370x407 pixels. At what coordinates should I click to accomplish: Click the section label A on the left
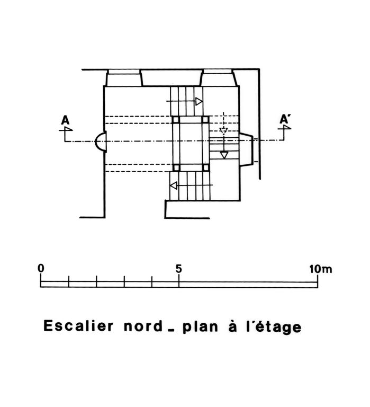(65, 120)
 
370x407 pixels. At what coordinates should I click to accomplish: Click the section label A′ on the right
(285, 119)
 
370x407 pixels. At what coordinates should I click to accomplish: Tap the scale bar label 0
(41, 268)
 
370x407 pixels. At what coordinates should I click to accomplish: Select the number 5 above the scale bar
(178, 269)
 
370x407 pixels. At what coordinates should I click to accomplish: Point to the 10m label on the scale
(320, 269)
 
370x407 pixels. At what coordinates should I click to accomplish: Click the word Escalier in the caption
(78, 325)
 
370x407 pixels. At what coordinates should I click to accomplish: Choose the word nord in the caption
(143, 326)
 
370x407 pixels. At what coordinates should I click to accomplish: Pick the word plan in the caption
(200, 327)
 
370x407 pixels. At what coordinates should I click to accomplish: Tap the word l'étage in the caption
(273, 328)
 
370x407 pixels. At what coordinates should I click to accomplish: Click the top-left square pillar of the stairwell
(176, 120)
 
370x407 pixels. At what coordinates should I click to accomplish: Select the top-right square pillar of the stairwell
(205, 119)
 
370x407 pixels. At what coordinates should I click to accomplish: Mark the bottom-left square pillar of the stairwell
(176, 167)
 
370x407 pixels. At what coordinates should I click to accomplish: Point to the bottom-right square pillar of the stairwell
(205, 167)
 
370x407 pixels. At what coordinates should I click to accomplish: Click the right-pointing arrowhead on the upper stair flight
(199, 101)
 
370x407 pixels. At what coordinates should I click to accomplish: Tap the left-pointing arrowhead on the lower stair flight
(174, 185)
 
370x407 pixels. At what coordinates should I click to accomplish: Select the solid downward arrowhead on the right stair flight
(224, 155)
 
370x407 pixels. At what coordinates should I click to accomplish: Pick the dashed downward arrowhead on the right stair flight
(223, 130)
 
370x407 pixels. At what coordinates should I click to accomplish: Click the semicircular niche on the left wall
(101, 141)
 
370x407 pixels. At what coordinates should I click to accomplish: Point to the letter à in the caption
(232, 326)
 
